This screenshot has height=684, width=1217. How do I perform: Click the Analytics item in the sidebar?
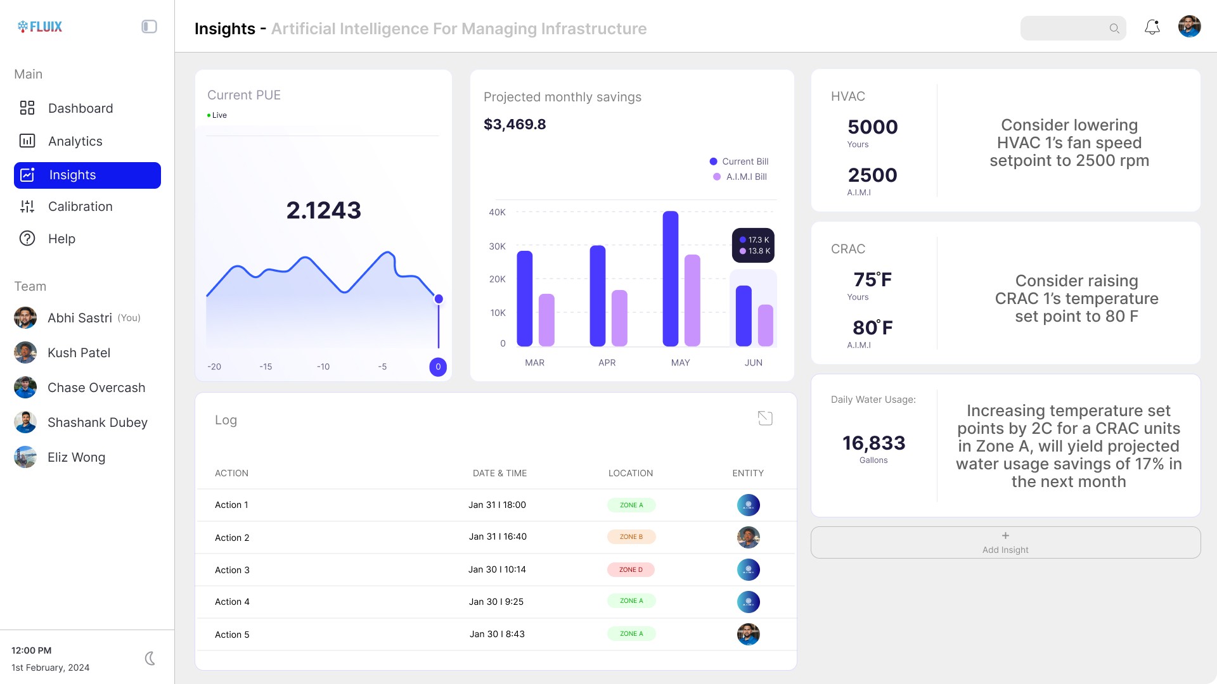point(75,141)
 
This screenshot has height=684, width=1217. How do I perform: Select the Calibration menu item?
point(80,206)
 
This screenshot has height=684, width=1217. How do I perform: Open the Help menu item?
point(61,239)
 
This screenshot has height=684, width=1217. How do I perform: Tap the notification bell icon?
point(1152,27)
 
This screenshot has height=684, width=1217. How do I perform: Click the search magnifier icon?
point(1114,28)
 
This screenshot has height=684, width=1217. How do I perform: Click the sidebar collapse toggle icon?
point(149,27)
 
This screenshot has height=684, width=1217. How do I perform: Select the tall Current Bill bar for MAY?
point(670,279)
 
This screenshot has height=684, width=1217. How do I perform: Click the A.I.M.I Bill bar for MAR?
point(546,320)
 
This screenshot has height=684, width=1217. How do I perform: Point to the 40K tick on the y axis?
point(497,212)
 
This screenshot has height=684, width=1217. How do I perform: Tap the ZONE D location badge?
point(631,569)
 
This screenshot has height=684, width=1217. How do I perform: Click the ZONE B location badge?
point(631,536)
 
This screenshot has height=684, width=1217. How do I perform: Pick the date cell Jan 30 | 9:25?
point(496,602)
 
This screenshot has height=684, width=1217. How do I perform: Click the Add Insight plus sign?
point(1005,536)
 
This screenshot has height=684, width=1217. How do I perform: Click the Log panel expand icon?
point(765,418)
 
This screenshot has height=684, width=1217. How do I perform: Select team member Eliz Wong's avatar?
point(25,457)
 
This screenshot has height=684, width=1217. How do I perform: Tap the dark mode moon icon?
point(150,659)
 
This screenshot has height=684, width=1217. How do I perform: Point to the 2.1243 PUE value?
point(323,210)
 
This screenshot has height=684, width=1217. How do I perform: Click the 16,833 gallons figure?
point(873,443)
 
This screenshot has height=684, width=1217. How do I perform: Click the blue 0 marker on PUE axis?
point(438,367)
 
